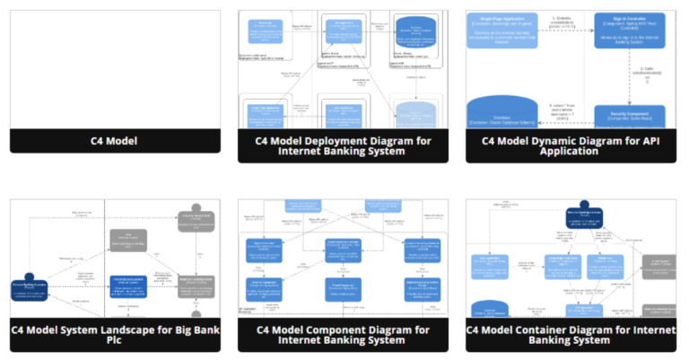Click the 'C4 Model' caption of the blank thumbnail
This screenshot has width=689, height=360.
[114, 141]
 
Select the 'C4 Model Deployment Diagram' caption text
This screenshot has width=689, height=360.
[343, 145]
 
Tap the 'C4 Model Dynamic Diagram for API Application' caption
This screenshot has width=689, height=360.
[571, 145]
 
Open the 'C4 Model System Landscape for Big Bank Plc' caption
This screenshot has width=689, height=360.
[114, 335]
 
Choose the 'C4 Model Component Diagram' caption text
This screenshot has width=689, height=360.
[343, 335]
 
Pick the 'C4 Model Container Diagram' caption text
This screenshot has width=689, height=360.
[571, 335]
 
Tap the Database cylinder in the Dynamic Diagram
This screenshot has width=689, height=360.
[501, 112]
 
